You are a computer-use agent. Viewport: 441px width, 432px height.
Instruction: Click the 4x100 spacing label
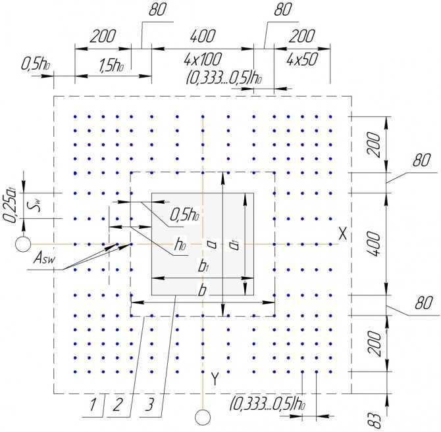click(203, 59)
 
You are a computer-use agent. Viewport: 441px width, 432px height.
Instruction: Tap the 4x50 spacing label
click(302, 59)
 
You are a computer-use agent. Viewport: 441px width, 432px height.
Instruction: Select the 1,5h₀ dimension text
click(112, 66)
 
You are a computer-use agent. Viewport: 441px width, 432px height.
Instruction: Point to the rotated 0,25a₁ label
click(10, 206)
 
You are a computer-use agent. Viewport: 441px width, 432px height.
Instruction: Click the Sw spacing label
click(37, 204)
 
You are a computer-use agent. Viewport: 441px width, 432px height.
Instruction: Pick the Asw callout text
click(45, 258)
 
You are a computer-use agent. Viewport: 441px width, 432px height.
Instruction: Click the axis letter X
click(342, 233)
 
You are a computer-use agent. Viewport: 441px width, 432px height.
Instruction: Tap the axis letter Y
click(215, 379)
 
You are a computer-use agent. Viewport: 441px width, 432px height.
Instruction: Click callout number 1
click(93, 405)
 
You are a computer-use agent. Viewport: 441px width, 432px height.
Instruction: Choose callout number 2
click(118, 405)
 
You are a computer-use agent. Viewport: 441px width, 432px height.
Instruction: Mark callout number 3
click(150, 405)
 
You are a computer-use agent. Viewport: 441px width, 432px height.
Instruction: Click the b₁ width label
click(203, 266)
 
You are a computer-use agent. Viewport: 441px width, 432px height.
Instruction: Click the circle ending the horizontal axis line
click(23, 244)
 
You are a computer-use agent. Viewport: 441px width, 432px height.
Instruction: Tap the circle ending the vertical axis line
click(203, 418)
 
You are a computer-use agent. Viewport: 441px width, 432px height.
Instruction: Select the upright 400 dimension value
click(203, 36)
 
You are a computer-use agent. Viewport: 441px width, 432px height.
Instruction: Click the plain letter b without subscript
click(202, 290)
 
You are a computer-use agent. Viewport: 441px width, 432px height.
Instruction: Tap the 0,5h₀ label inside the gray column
click(184, 215)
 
